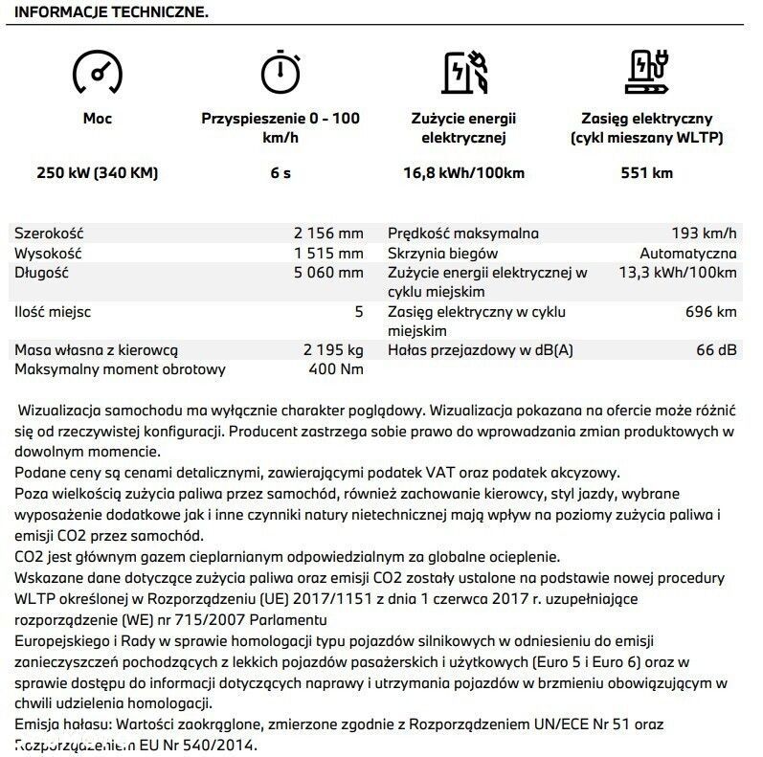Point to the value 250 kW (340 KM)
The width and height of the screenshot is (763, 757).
98,173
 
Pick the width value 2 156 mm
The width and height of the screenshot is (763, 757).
329,234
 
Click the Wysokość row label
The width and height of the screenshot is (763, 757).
48,254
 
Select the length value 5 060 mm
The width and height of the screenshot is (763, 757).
329,273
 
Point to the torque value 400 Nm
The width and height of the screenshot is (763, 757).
335,369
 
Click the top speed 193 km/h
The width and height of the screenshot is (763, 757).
705,234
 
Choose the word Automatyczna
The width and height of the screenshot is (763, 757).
687,254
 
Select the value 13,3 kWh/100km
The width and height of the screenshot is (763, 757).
678,273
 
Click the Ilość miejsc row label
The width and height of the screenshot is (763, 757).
53,312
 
